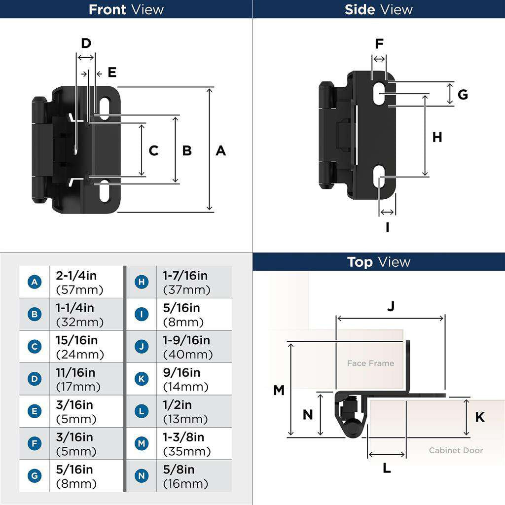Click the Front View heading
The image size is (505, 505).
click(126, 9)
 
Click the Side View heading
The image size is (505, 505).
click(378, 9)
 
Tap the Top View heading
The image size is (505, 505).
click(378, 262)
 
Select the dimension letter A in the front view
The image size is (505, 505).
click(220, 150)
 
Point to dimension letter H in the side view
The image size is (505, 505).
click(437, 138)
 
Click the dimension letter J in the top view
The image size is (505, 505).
click(391, 307)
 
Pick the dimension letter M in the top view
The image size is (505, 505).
click(279, 391)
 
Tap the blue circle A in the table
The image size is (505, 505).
click(35, 282)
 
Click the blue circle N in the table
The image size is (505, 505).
click(142, 476)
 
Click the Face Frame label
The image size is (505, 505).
click(370, 363)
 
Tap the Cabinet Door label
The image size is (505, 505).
click(456, 450)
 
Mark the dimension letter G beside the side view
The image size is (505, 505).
click(462, 94)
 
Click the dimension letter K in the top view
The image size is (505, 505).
click(479, 418)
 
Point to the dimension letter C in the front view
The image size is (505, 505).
click(153, 150)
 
